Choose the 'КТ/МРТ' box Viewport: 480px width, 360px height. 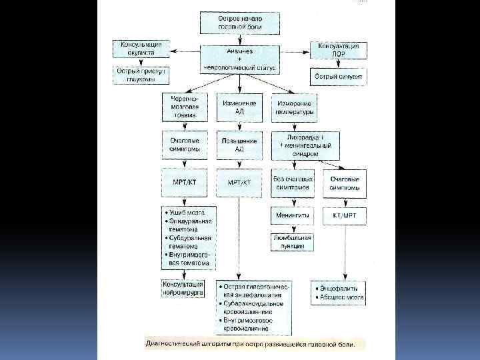tap(345, 216)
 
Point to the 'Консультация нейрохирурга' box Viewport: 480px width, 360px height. tap(182, 287)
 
